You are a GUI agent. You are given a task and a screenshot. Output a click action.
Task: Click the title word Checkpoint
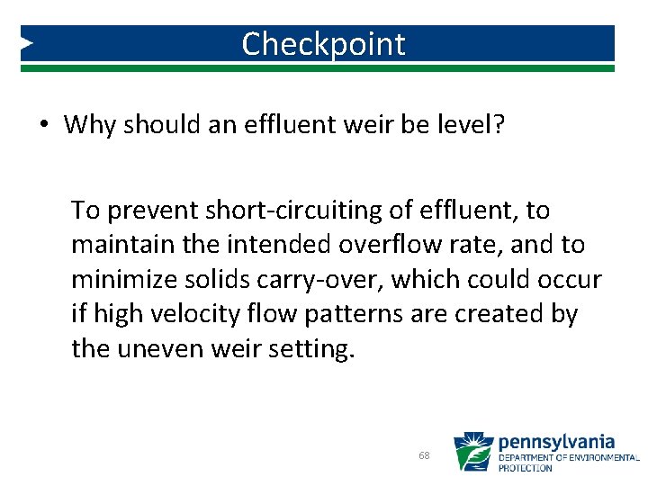pos(323,43)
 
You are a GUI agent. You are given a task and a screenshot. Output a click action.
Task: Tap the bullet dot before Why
pos(43,125)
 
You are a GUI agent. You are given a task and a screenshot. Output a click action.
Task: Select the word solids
pos(212,280)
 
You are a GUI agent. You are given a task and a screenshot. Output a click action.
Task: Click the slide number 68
pos(424,455)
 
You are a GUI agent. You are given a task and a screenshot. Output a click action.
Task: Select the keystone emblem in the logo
pos(472,452)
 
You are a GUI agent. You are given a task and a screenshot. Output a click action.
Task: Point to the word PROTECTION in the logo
pos(526,468)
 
